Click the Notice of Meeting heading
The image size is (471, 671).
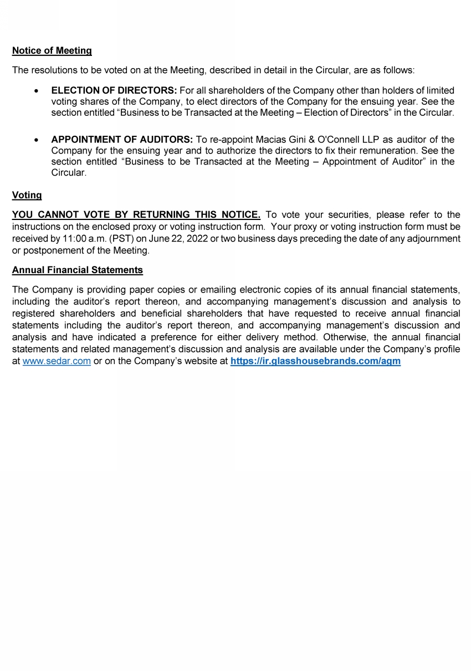click(x=52, y=50)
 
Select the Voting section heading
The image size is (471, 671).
click(x=27, y=195)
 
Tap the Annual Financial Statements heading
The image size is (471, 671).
click(x=77, y=270)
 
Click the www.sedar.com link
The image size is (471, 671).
click(x=57, y=361)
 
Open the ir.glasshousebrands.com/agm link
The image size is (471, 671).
click(x=315, y=361)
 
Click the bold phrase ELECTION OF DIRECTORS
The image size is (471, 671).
click(x=114, y=90)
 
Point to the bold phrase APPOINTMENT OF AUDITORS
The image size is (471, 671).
click(x=122, y=140)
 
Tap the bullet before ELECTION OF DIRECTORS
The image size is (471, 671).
click(x=36, y=90)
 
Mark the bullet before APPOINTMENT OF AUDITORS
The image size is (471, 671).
click(x=36, y=140)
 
